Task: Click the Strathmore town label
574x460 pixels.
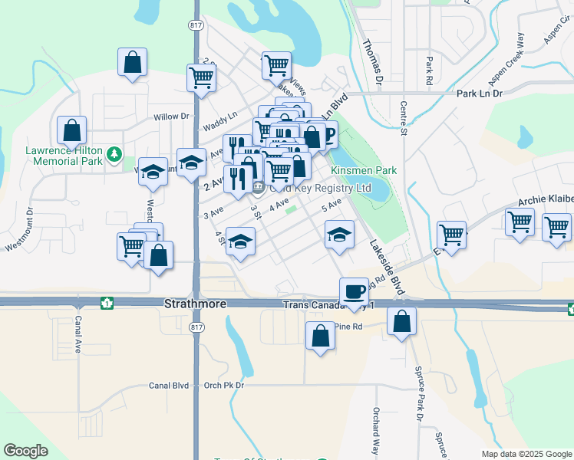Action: (x=195, y=304)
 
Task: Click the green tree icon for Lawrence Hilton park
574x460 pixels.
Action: (x=114, y=155)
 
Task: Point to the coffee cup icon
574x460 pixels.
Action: (x=354, y=291)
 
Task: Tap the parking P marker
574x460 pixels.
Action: (x=328, y=133)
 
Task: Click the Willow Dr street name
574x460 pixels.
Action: (x=170, y=117)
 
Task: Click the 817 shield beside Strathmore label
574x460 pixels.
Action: (x=196, y=326)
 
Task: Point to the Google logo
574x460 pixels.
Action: (x=25, y=451)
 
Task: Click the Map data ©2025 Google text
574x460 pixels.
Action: (x=526, y=454)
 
